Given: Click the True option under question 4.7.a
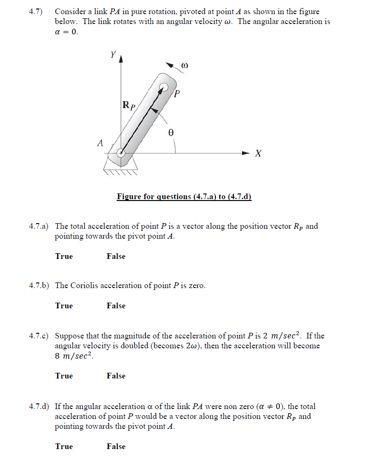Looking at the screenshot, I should [x=64, y=257].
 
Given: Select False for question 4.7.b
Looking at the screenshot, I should [x=116, y=306].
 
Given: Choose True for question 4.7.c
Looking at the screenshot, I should [x=64, y=376].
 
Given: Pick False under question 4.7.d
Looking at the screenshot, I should [x=116, y=447].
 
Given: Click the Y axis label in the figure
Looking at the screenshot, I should [x=113, y=55].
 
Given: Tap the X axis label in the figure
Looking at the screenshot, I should [x=258, y=153].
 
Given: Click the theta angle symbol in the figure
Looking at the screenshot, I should [x=171, y=133].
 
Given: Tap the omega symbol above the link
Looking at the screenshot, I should [x=185, y=66].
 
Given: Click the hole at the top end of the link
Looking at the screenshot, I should [x=163, y=87].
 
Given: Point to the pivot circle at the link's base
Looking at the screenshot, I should [x=120, y=152].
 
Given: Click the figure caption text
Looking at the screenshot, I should [x=184, y=197].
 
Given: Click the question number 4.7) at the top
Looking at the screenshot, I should [x=36, y=12].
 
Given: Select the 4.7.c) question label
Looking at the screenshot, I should [x=39, y=336].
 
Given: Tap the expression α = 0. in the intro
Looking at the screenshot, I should [x=67, y=32].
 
